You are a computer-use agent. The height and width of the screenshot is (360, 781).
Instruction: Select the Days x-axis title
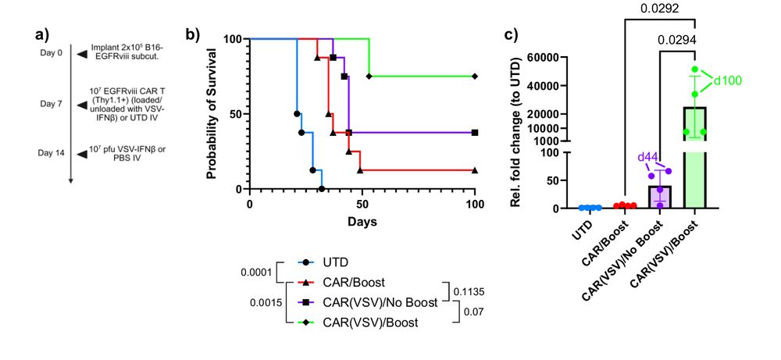tap(362, 222)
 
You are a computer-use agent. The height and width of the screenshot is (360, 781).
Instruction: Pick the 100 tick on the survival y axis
tap(232, 38)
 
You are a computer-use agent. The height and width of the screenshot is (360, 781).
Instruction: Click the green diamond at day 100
tap(474, 77)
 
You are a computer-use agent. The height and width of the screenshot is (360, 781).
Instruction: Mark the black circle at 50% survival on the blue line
tap(297, 114)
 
